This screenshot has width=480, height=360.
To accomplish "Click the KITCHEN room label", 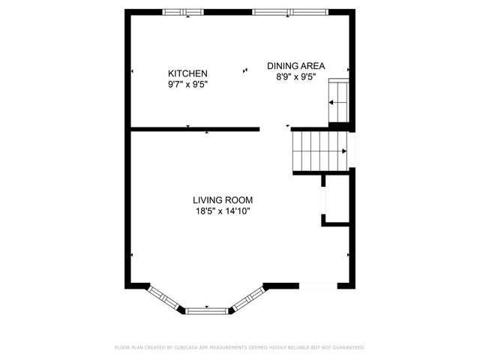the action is (x=187, y=73).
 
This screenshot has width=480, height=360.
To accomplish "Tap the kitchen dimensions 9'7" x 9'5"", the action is (x=187, y=84).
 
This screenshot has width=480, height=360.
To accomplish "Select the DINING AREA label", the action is (x=296, y=66).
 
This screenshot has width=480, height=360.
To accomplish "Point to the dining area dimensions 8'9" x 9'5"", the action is (x=296, y=76).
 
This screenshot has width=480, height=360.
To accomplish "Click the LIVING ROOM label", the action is (x=223, y=200).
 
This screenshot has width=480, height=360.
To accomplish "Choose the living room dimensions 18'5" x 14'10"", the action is (x=223, y=211).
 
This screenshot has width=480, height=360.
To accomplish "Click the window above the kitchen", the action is (x=183, y=12).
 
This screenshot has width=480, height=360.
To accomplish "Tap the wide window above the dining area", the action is (x=290, y=12).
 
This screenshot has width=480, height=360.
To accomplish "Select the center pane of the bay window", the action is (x=207, y=311).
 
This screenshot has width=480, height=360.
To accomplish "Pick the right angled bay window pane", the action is (x=250, y=298).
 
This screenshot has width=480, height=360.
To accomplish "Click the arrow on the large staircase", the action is (x=320, y=151).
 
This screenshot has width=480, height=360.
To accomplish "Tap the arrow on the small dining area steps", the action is (x=338, y=102).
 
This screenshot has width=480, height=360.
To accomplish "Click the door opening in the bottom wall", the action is (x=318, y=286).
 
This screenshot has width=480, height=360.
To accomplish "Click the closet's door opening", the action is (x=323, y=200).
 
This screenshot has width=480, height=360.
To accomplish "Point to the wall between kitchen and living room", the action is (x=195, y=129).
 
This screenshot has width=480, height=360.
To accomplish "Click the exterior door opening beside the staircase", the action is (x=352, y=150).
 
